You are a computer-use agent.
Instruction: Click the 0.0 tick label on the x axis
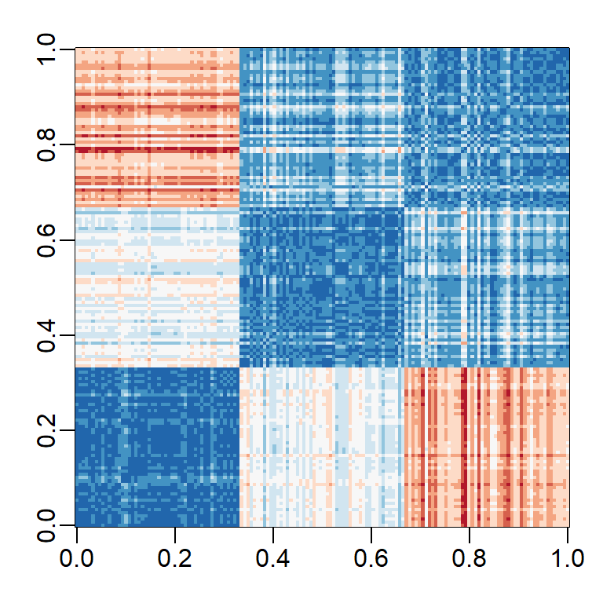[x=76, y=558]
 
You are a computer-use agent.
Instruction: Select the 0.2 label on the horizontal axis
[x=174, y=558]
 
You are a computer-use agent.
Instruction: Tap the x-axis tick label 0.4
[x=272, y=558]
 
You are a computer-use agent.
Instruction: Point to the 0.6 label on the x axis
[x=371, y=558]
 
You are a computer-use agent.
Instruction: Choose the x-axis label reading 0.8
[x=470, y=558]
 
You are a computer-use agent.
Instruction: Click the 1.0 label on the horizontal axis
[x=568, y=558]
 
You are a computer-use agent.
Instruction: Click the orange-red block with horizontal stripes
[x=157, y=127]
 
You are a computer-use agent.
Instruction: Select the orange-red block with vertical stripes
[x=486, y=446]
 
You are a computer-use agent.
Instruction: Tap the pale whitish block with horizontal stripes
[x=157, y=287]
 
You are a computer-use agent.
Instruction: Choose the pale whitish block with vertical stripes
[x=321, y=446]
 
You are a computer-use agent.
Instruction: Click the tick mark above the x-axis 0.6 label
[x=371, y=530]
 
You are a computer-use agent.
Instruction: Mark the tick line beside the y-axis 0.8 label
[x=71, y=144]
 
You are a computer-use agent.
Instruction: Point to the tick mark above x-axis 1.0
[x=568, y=530]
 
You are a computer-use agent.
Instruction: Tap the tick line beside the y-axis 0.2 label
[x=71, y=429]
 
